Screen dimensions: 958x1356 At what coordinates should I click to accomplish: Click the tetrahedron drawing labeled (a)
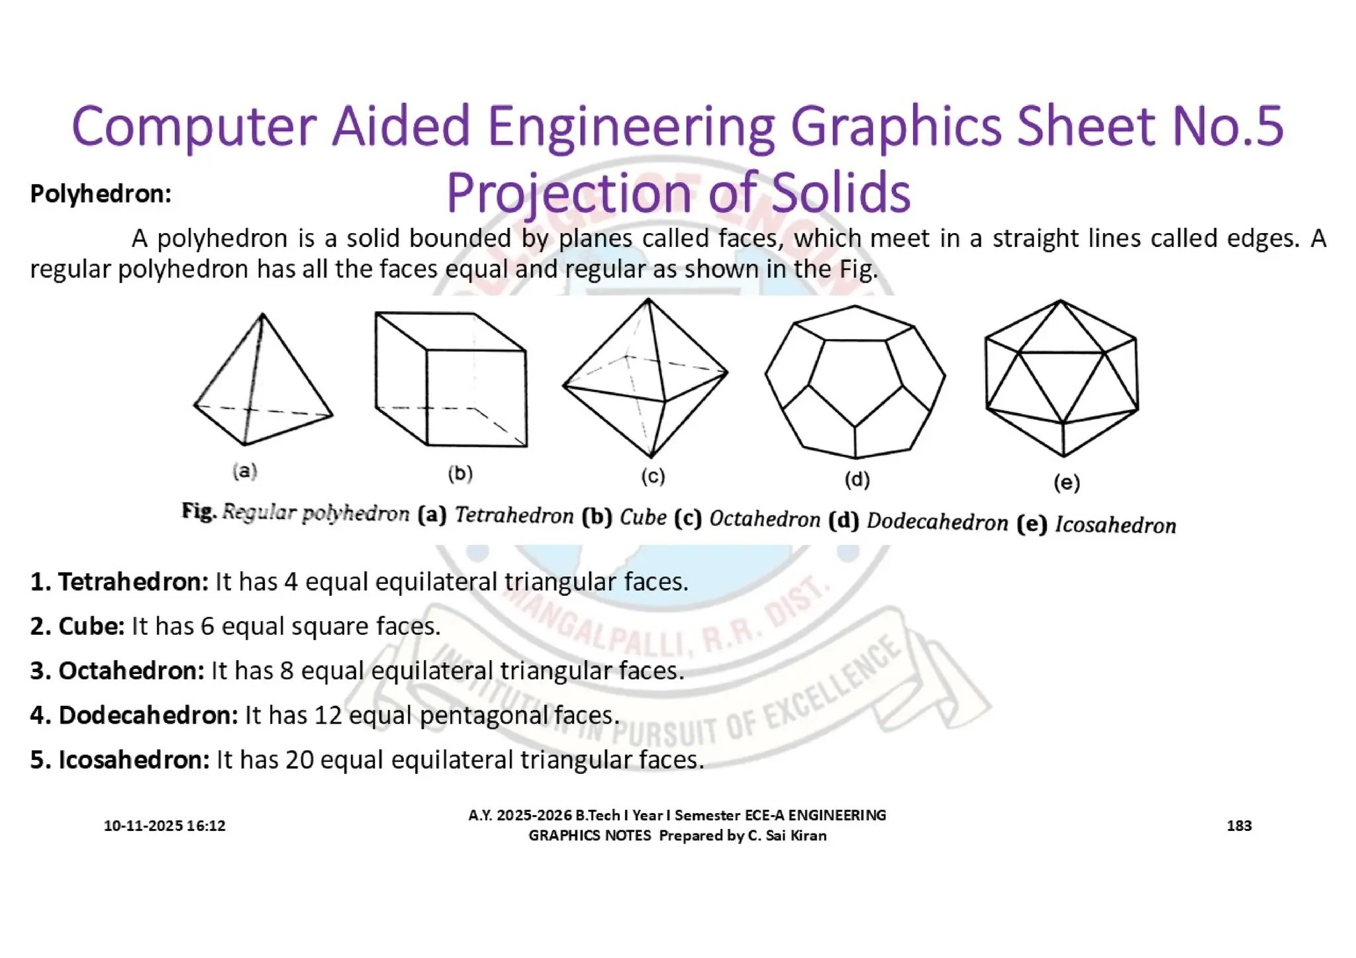263,381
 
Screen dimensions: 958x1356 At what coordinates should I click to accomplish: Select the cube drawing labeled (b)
451,380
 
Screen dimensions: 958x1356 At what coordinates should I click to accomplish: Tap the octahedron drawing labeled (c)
646,378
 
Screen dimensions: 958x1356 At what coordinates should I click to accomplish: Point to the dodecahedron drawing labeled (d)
855,382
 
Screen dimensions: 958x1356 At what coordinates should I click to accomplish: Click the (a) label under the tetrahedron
244,471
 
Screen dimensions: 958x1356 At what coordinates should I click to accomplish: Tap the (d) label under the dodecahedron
857,479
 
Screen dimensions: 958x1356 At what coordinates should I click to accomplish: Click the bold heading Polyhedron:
101,194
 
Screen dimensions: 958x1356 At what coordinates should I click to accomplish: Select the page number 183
1239,826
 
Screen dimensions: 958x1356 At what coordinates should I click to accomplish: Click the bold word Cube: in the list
91,626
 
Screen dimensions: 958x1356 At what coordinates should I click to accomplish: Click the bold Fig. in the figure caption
199,511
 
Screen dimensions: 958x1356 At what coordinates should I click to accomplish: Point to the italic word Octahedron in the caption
765,519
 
